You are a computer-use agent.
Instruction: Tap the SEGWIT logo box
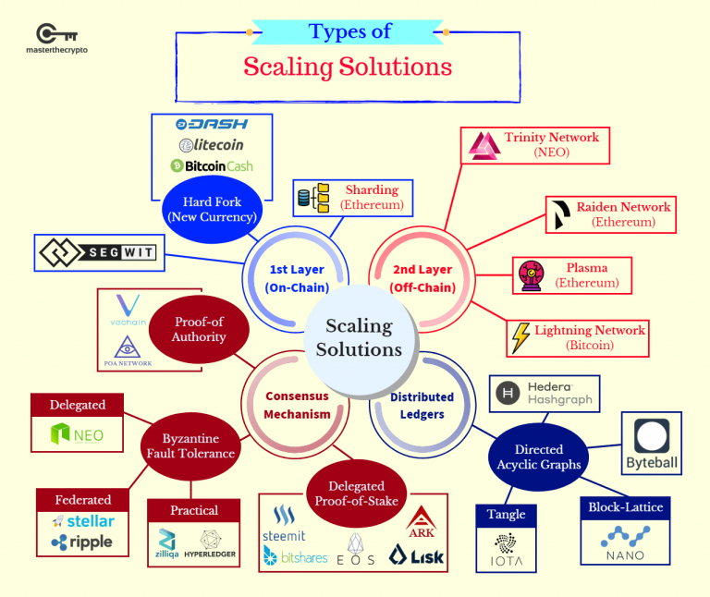98,252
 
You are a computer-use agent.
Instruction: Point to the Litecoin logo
212,145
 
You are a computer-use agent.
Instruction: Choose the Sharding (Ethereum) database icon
312,197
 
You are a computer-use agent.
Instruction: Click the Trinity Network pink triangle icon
484,145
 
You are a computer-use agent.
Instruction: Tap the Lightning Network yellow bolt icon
521,337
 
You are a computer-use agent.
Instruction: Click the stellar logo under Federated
84,521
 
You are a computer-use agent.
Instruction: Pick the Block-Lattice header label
625,507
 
